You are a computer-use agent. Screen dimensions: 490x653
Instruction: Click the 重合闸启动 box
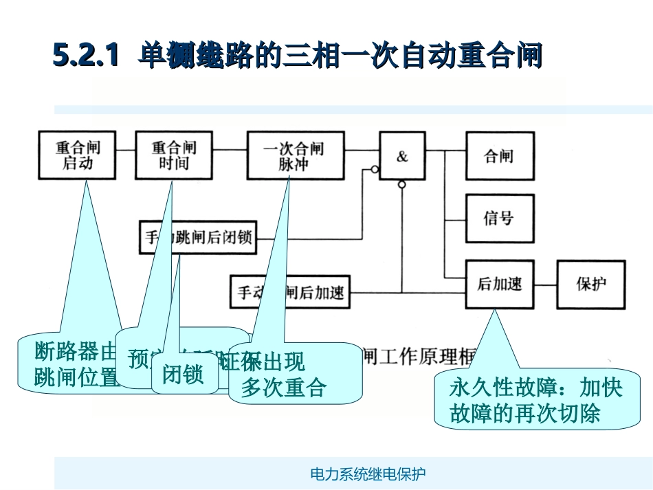[78, 155]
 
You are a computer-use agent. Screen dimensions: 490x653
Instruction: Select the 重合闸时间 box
[174, 155]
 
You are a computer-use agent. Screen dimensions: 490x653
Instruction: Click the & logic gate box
[402, 156]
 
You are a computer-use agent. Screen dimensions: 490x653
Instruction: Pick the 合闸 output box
[499, 155]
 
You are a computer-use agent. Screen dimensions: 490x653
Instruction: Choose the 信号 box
[499, 218]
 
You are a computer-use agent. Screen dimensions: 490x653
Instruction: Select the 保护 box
[591, 283]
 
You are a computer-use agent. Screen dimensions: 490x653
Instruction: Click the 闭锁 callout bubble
[183, 375]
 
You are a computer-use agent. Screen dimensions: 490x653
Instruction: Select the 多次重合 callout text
[283, 388]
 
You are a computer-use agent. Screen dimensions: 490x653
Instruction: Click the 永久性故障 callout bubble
[536, 401]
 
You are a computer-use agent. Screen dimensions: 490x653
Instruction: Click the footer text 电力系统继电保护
[368, 474]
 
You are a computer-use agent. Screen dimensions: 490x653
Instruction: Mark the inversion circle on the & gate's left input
[375, 169]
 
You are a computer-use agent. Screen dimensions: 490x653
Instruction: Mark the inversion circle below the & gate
[402, 185]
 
